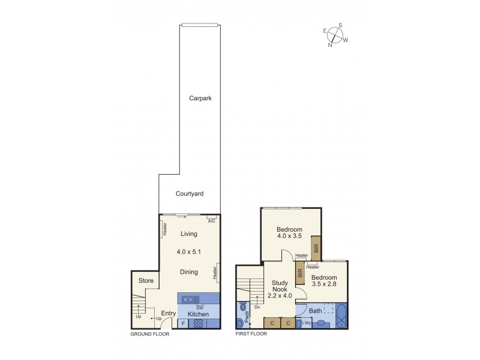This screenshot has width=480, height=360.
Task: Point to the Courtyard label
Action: pos(190,194)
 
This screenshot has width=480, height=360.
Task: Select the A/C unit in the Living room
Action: pos(211,217)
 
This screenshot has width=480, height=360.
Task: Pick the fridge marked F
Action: pos(183,324)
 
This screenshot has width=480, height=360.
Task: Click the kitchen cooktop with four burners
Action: pos(197,323)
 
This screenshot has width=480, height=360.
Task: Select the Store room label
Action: pos(146,280)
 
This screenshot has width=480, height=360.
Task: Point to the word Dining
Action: pos(189,272)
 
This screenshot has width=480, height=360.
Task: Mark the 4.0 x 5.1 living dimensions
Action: pos(189,252)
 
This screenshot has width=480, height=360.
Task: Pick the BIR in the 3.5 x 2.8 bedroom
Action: pos(300,273)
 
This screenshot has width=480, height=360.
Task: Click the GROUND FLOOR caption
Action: pos(150,334)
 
